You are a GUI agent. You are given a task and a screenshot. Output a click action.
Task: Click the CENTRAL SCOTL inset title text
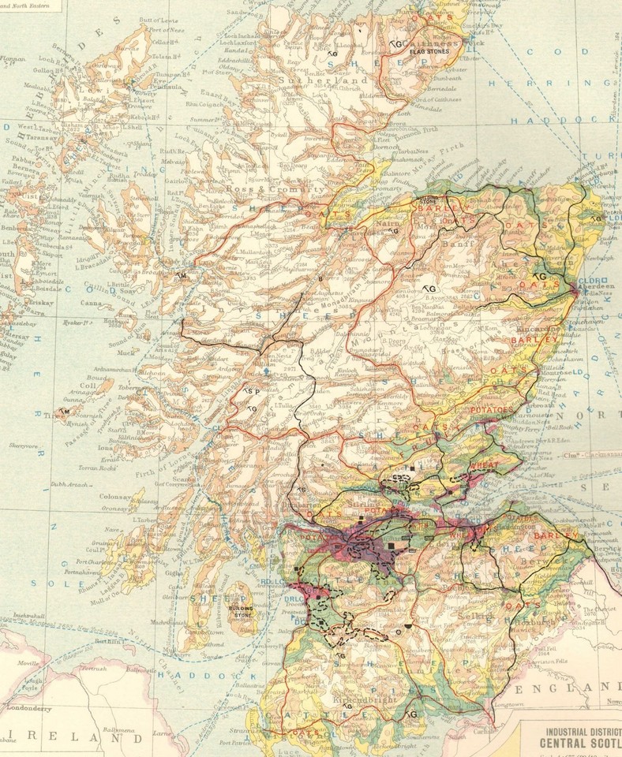[x=580, y=741]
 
